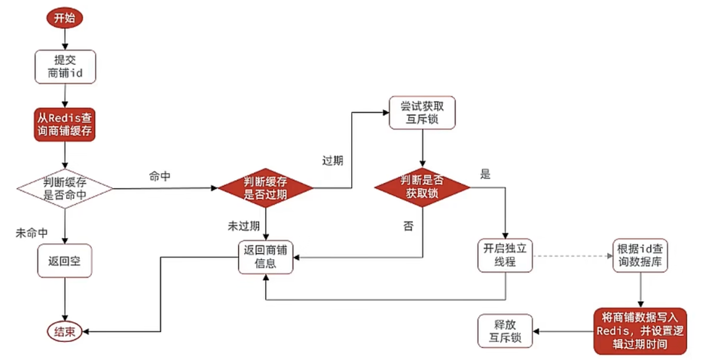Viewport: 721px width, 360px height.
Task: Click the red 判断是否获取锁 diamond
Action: click(x=422, y=186)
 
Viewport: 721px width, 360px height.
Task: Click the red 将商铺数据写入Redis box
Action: click(x=640, y=330)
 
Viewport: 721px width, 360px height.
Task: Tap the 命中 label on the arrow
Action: click(x=160, y=175)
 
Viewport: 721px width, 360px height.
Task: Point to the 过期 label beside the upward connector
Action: click(x=332, y=160)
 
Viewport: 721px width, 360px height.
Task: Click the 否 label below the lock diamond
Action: click(x=408, y=226)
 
